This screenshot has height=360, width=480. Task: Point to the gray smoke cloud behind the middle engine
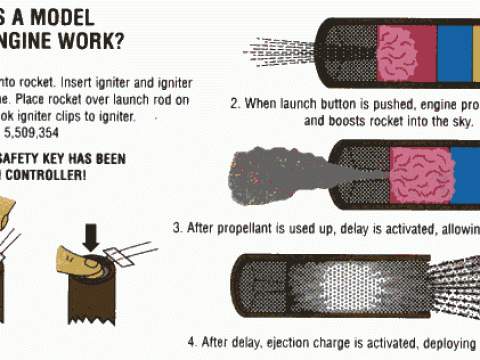coord(270,168)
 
